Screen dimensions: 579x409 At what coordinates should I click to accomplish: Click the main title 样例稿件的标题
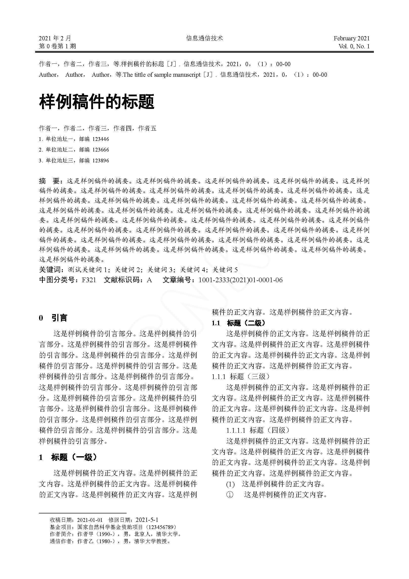tap(96, 102)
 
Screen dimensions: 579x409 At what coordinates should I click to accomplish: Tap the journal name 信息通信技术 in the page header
tap(204, 38)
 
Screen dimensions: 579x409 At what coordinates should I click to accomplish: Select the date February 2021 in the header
tap(351, 38)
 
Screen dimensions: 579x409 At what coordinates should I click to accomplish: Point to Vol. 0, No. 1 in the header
tap(354, 46)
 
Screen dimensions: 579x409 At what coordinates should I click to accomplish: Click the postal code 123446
tap(100, 139)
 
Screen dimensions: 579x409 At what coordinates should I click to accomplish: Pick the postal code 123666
tap(100, 150)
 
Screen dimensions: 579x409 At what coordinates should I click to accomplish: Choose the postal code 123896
tap(100, 160)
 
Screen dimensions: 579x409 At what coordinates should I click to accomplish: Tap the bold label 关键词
tap(50, 270)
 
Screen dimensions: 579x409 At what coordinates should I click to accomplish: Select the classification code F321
tap(89, 280)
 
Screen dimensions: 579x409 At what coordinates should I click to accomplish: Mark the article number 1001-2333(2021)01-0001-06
tap(241, 280)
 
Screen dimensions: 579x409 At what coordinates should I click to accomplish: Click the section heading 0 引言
tap(53, 318)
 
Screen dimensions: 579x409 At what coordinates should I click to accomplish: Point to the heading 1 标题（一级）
tap(68, 457)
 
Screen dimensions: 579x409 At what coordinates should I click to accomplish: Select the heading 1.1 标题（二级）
tap(238, 323)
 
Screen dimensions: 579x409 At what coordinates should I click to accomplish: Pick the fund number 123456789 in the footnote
tap(161, 527)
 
